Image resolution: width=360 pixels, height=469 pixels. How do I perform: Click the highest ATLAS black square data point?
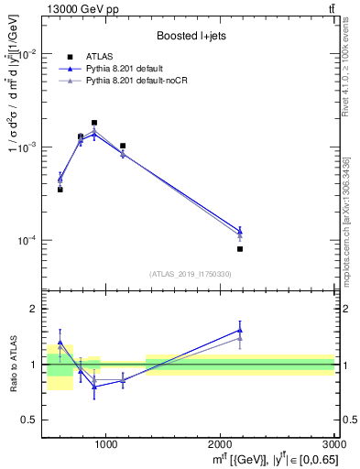[x=94, y=123]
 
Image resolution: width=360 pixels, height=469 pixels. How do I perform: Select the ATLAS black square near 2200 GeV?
[x=240, y=249]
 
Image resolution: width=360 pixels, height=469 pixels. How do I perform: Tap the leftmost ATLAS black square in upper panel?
[x=60, y=190]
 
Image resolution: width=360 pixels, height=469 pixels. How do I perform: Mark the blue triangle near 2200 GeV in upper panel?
[x=240, y=231]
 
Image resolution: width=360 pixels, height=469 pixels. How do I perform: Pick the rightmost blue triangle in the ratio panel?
[x=240, y=331]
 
